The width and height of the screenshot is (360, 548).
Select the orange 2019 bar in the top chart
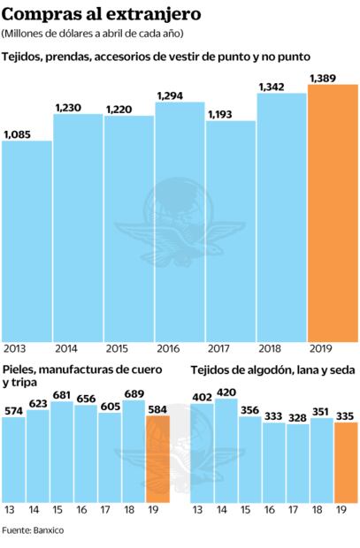pyautogui.click(x=332, y=212)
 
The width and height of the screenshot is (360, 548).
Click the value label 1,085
pyautogui.click(x=19, y=134)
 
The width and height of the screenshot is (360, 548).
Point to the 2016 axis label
pyautogui.click(x=167, y=347)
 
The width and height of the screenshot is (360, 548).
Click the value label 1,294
pyautogui.click(x=172, y=95)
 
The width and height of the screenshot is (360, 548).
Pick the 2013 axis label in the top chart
pyautogui.click(x=15, y=347)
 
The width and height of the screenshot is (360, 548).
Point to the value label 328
pyautogui.click(x=298, y=418)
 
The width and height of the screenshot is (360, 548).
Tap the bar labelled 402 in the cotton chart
pyautogui.click(x=202, y=460)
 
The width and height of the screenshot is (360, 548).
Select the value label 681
pyautogui.click(x=62, y=395)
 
